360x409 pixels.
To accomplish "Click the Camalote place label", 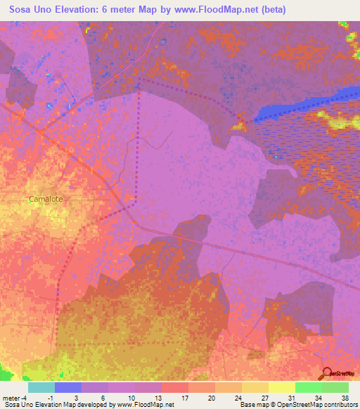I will click(x=46, y=199).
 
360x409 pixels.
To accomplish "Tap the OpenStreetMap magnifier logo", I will click(x=328, y=373).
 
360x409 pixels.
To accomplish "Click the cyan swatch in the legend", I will click(x=41, y=387).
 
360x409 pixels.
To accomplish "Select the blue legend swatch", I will click(x=68, y=387).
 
